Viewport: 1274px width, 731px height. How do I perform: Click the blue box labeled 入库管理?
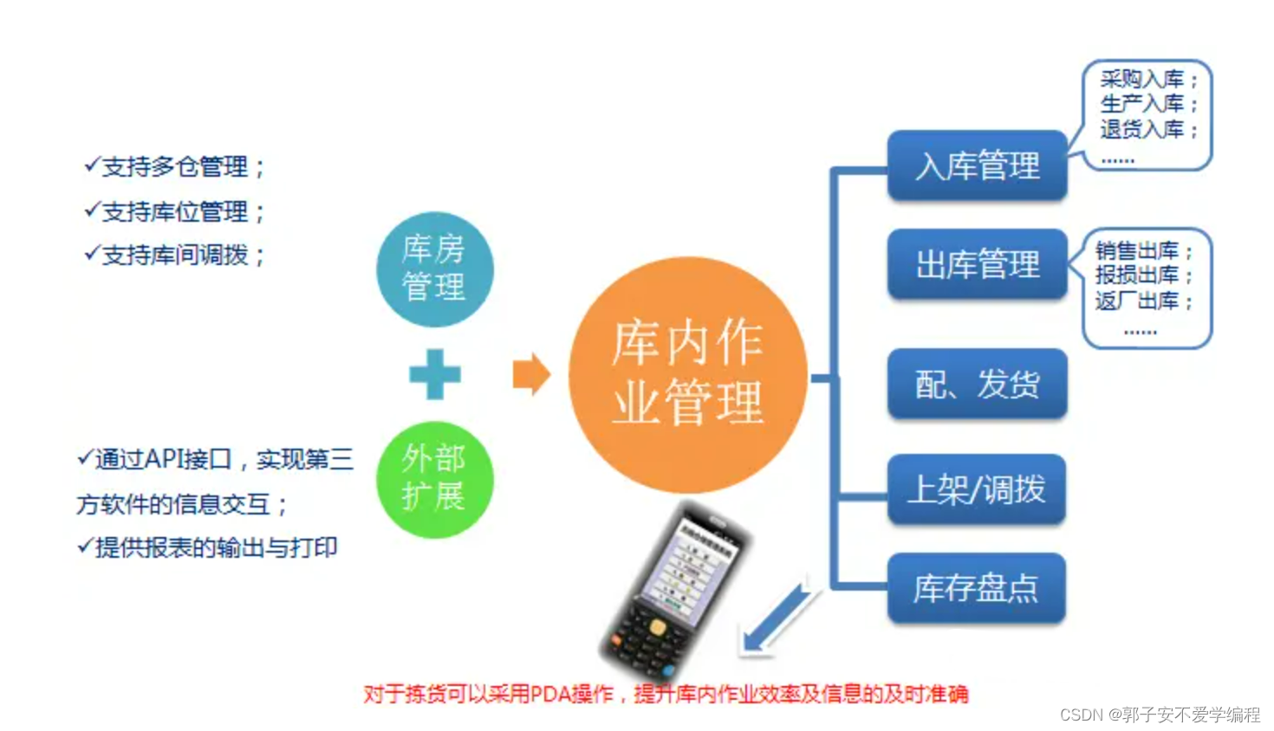[977, 165]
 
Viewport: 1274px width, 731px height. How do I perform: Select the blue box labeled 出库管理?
[977, 264]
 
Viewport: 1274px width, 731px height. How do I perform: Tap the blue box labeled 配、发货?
[977, 384]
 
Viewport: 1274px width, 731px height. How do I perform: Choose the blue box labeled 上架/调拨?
[977, 489]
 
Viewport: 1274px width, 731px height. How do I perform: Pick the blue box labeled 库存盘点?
[977, 588]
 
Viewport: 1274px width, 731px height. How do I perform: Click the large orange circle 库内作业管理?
[687, 374]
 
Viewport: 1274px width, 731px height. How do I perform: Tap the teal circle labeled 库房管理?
[434, 268]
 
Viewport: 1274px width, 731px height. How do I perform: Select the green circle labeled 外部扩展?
[434, 479]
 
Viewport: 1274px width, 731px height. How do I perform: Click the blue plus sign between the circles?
[434, 374]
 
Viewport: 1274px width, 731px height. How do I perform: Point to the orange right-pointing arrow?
[530, 374]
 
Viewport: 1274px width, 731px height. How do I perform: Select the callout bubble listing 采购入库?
[1146, 115]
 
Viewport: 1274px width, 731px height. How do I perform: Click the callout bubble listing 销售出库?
[1146, 288]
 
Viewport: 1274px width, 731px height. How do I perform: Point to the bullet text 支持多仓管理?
[175, 166]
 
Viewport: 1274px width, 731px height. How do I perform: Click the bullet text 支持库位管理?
[175, 211]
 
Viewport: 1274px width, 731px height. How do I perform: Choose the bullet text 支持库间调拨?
[175, 255]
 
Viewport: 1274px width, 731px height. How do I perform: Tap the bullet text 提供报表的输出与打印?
[208, 547]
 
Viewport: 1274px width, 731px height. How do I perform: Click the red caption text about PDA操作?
[665, 694]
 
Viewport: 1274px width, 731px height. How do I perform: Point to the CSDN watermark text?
[1160, 715]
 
